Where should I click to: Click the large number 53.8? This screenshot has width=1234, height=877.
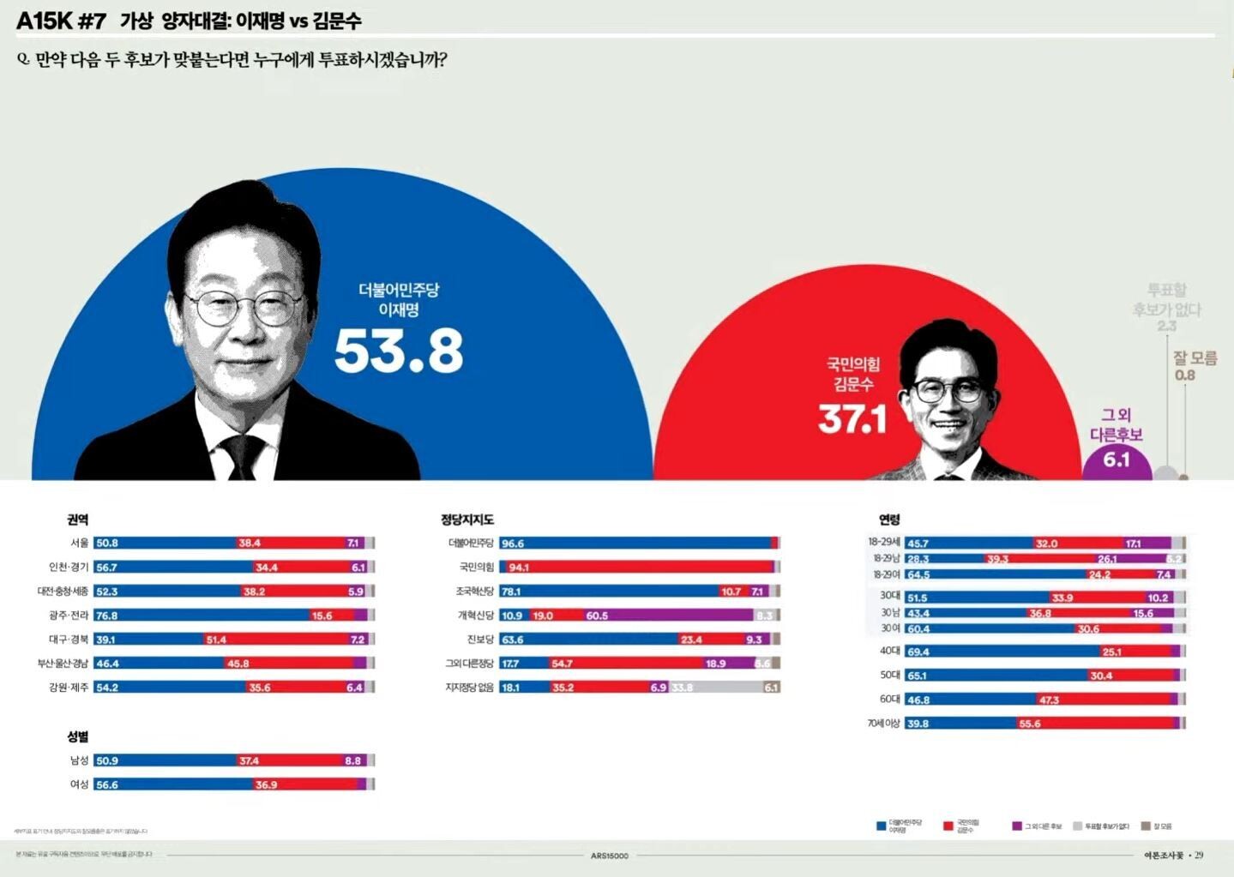(399, 350)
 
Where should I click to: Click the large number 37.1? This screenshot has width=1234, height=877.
(852, 419)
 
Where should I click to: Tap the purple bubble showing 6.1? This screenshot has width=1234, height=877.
(1116, 460)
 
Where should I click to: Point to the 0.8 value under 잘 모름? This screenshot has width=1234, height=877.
(1184, 375)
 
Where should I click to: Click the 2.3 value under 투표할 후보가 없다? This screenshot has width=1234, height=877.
(1166, 326)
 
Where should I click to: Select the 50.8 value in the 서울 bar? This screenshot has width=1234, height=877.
(107, 543)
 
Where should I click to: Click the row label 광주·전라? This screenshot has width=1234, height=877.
(69, 616)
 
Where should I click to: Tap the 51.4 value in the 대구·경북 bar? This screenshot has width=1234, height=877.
(216, 640)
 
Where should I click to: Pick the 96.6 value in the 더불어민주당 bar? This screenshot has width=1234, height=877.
(512, 544)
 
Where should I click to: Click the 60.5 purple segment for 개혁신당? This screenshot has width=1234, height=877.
(597, 616)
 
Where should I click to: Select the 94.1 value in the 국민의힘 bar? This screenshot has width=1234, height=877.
(519, 568)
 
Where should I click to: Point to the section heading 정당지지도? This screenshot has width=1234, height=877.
(467, 520)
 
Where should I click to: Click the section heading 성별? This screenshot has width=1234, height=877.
(78, 736)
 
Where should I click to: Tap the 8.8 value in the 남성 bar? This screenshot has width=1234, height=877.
(352, 760)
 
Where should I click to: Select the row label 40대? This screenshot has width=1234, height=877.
(889, 651)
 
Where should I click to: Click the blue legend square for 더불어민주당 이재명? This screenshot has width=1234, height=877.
(881, 826)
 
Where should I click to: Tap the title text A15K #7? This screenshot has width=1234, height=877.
(61, 21)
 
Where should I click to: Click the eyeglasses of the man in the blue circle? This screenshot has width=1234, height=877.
(244, 304)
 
